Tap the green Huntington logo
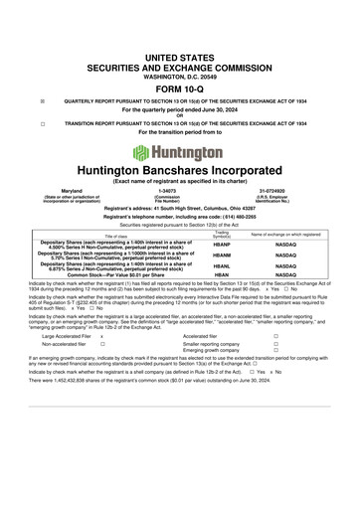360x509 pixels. click(x=180, y=152)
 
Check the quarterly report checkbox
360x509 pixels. click(x=42, y=101)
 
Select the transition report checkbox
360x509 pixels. click(x=42, y=124)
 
